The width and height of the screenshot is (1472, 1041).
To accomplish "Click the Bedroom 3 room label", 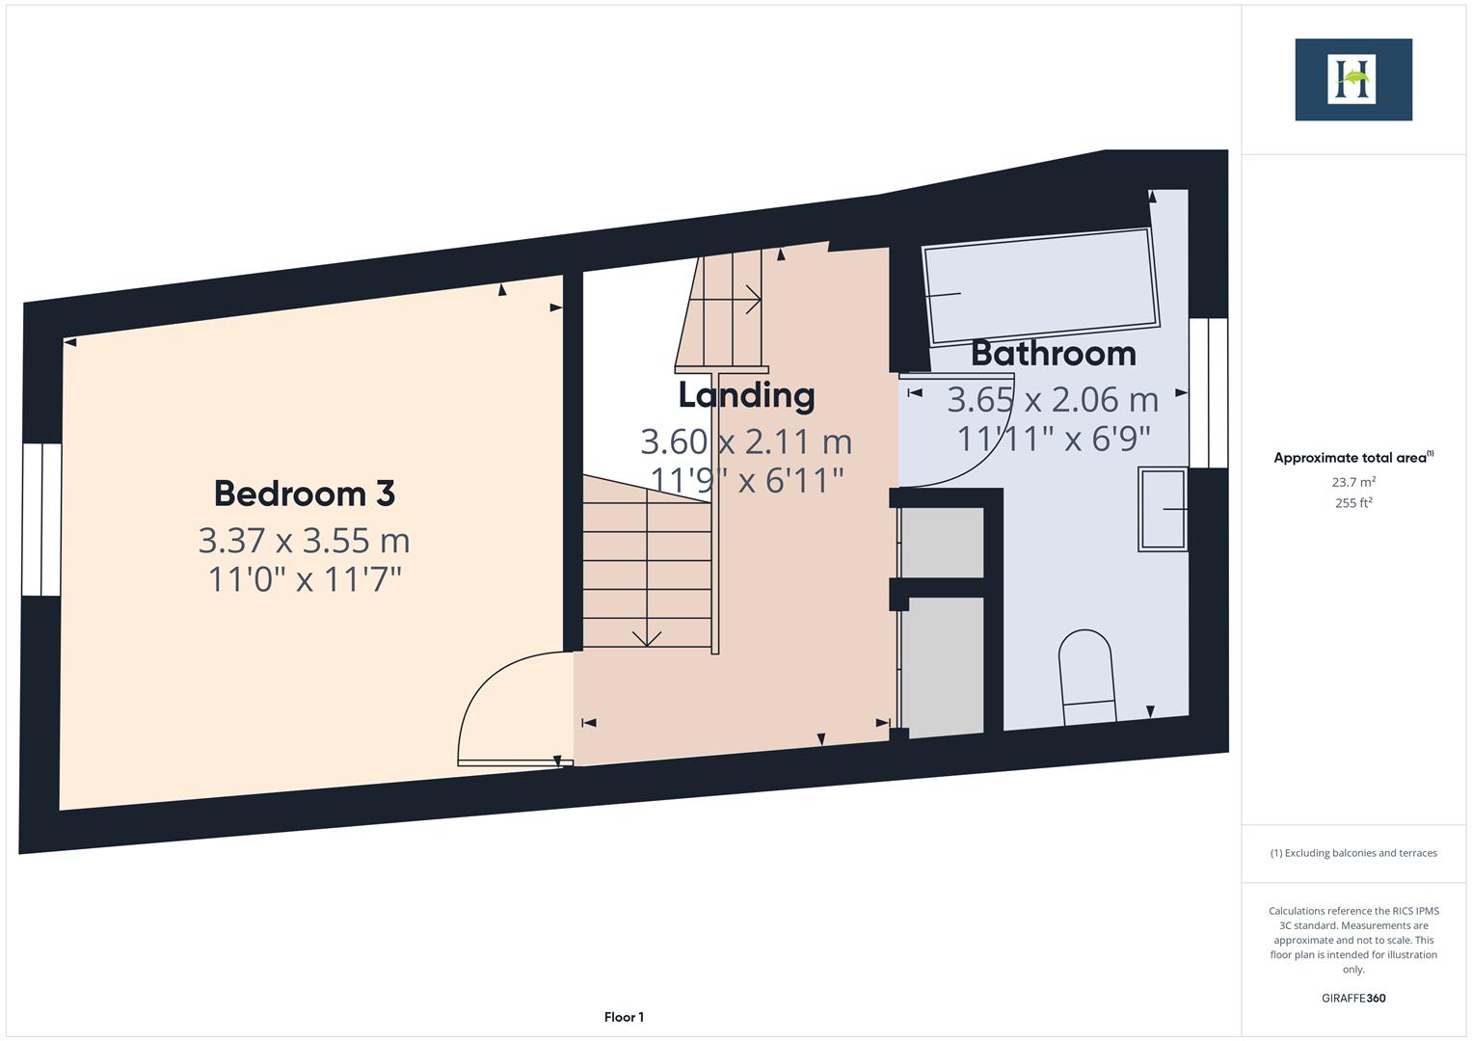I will tap(304, 494).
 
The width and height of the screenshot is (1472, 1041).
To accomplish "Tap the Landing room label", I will tap(746, 395).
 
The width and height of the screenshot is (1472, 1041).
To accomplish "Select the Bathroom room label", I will tap(1053, 354).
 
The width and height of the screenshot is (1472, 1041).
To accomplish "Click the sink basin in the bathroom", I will tap(1163, 508).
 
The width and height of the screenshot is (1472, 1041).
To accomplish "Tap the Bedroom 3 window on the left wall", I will tap(41, 520).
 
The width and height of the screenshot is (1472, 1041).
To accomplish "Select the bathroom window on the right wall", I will tap(1208, 392).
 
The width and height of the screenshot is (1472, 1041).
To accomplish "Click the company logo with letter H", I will tap(1352, 80).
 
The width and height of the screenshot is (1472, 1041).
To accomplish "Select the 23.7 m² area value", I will tap(1353, 482).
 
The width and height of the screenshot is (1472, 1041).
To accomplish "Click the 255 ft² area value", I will tap(1353, 503).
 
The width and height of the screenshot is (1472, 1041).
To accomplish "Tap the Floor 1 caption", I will tap(624, 1017).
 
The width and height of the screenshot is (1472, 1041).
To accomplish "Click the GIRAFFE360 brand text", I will tap(1353, 998).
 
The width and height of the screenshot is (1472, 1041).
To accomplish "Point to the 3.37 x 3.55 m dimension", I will tap(304, 541).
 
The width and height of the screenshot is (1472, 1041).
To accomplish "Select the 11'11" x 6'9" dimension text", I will tap(1053, 440).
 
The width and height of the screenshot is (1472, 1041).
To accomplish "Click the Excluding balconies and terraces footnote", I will tap(1353, 853).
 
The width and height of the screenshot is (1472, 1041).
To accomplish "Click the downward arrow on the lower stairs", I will tap(647, 637).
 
